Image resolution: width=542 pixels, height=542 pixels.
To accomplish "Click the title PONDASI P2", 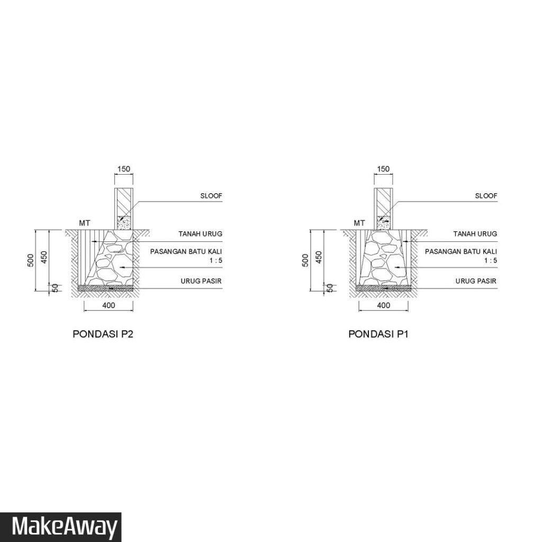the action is (103, 334).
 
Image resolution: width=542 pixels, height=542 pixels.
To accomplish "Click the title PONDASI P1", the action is (378, 334).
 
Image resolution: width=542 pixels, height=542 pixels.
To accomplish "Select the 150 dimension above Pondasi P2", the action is (124, 169).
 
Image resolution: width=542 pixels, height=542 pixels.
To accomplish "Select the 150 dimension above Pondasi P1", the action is (383, 169).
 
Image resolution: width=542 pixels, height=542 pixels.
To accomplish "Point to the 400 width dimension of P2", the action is (109, 305).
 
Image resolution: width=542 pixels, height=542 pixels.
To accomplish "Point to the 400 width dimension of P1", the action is (383, 305).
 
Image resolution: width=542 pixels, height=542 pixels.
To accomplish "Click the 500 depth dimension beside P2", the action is (30, 260).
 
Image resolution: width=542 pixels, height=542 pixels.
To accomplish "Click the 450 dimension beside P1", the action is (319, 257).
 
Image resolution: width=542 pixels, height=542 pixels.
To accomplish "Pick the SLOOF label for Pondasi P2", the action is (211, 196).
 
